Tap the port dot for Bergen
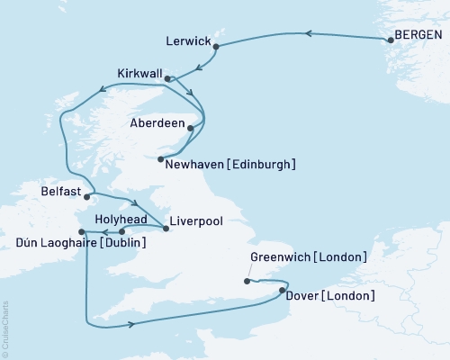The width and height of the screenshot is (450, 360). click(389, 39)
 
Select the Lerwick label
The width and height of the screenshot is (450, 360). click(190, 41)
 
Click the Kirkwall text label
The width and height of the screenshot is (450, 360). click(141, 72)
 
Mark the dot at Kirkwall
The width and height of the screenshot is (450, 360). click(166, 79)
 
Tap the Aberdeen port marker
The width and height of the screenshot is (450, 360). click(190, 128)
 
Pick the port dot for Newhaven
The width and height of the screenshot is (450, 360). click(160, 160)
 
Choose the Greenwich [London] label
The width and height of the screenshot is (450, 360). click(308, 257)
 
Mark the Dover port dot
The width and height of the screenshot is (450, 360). click(283, 290)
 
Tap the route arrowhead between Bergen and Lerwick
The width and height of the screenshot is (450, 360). click(307, 34)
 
